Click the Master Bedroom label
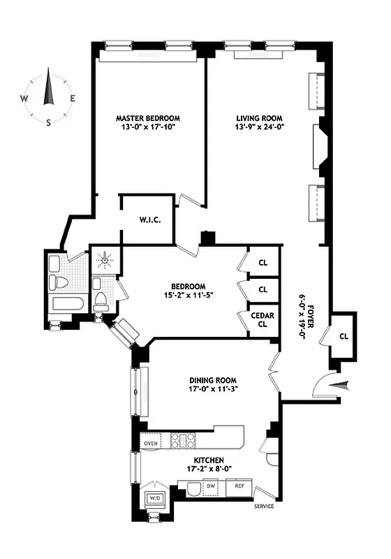point(147,118)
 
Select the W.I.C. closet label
point(147,220)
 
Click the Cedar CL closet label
point(263,319)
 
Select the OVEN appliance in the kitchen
point(150,444)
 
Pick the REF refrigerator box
point(239,486)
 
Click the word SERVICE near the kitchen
point(263,507)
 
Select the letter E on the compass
point(73,99)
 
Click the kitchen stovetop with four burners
point(182,440)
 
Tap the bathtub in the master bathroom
point(68,304)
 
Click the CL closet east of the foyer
point(344,335)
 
